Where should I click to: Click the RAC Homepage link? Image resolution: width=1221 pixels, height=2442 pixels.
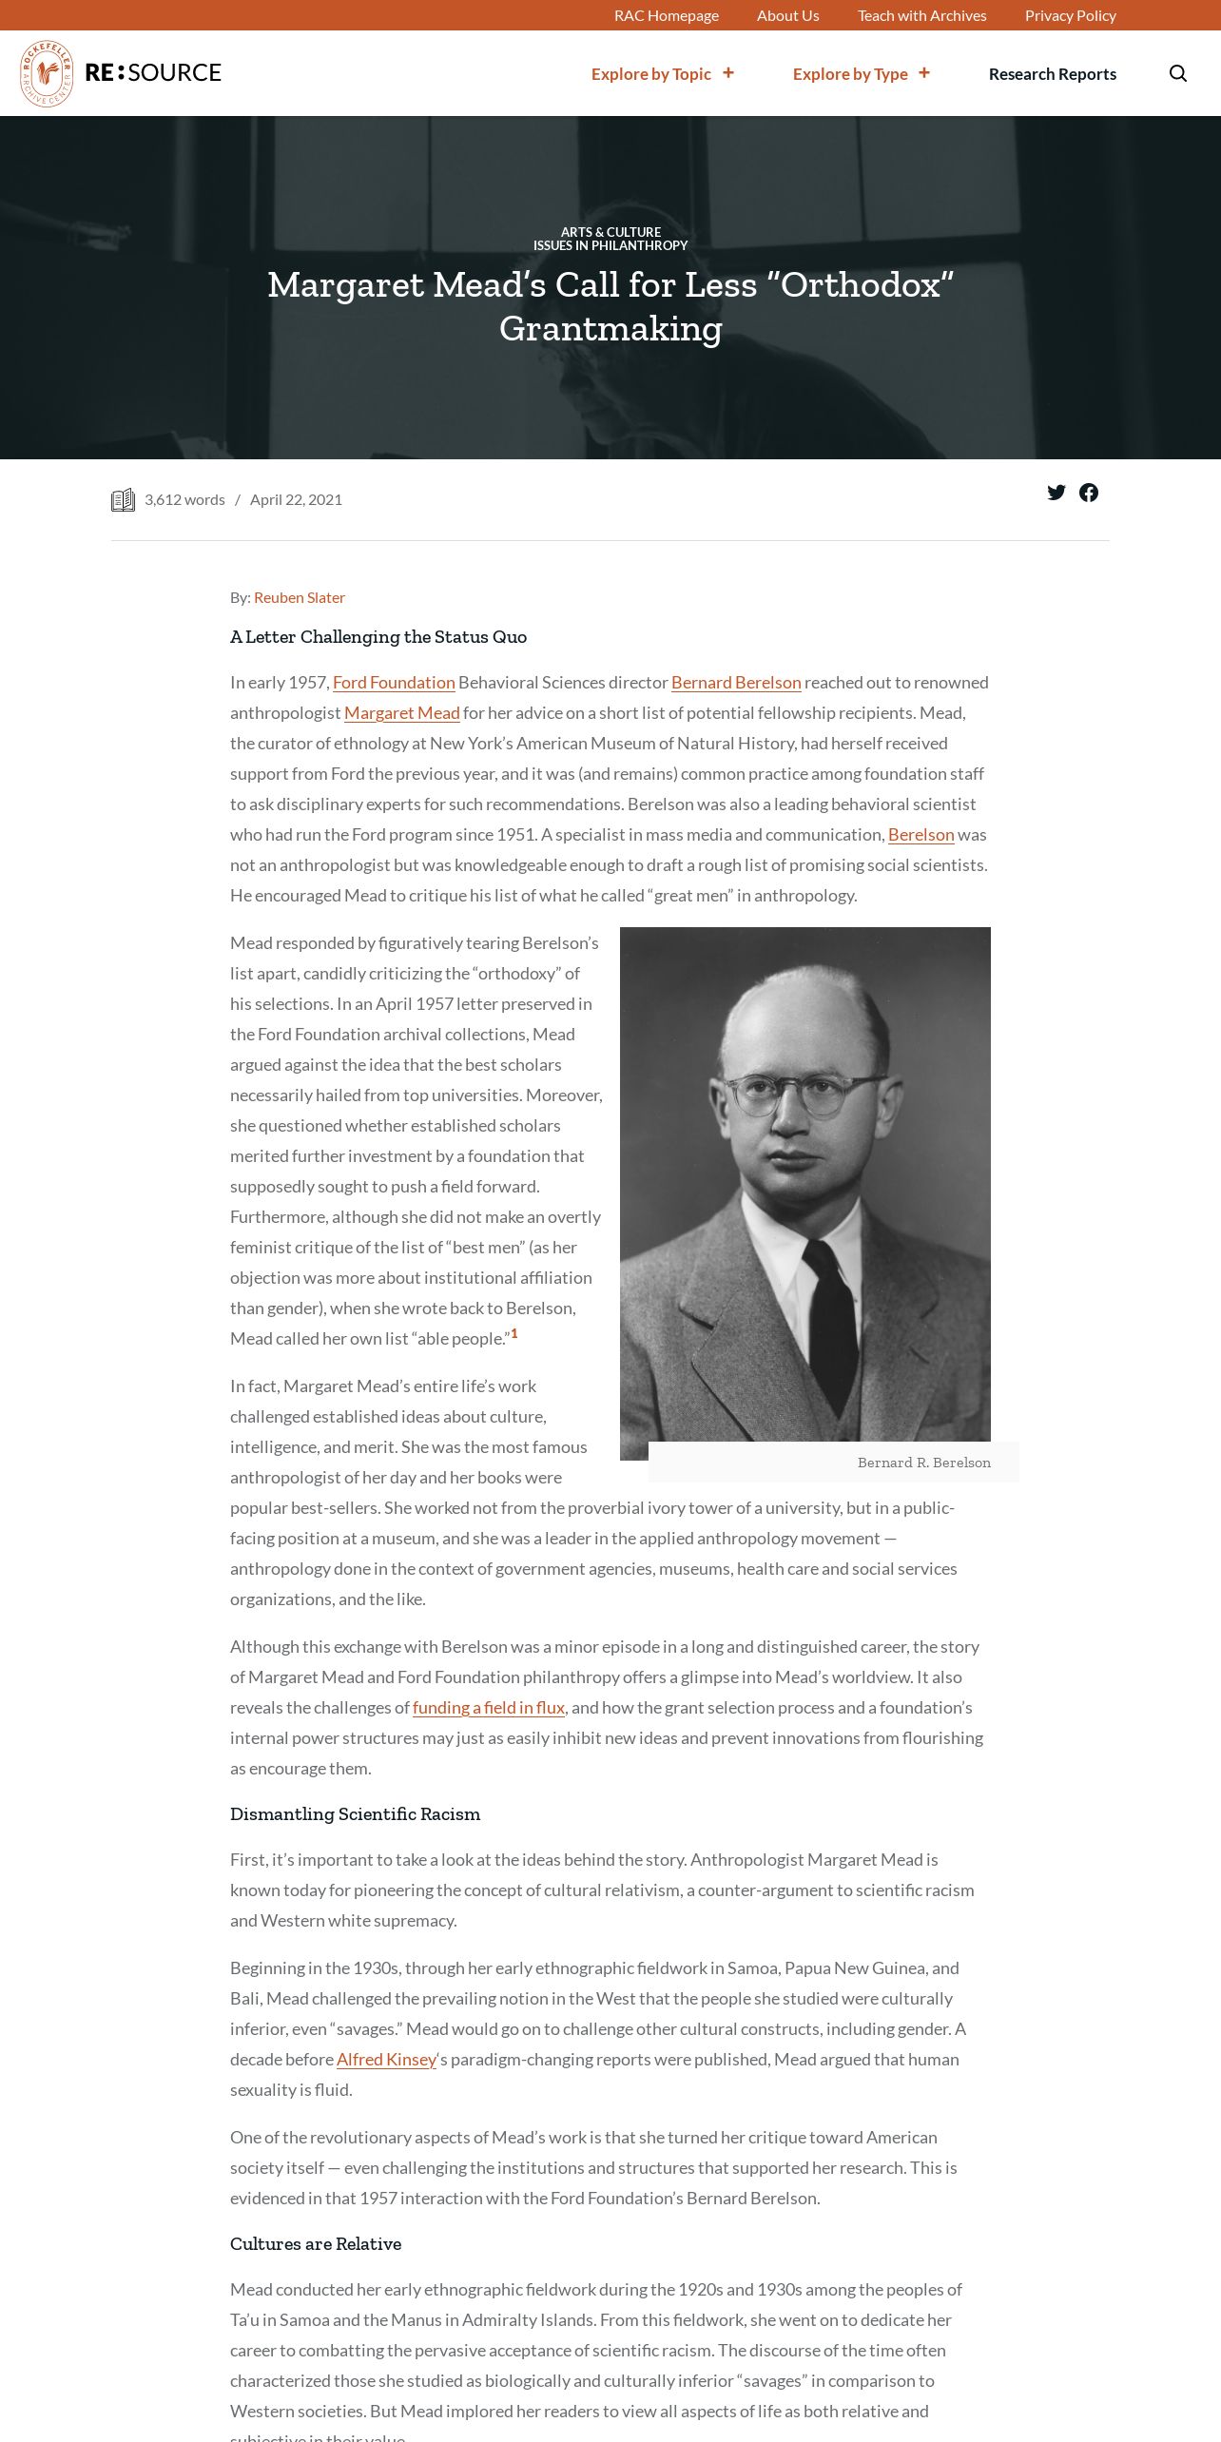[x=666, y=15]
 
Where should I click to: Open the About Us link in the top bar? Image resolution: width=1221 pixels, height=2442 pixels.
[x=787, y=15]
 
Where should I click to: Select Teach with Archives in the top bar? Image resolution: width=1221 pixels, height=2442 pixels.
[x=921, y=15]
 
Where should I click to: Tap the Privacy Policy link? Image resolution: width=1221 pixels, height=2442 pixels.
[x=1070, y=15]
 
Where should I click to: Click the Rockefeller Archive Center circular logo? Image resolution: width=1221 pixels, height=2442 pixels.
[x=47, y=73]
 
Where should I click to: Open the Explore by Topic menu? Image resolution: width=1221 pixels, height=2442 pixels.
[x=662, y=73]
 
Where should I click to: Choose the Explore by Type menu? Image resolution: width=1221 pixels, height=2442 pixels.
[x=861, y=73]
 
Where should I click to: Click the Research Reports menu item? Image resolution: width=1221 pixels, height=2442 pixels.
[x=1052, y=73]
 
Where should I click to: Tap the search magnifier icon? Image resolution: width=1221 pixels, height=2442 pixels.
[x=1177, y=73]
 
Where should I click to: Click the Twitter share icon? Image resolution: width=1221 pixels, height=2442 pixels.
[x=1056, y=493]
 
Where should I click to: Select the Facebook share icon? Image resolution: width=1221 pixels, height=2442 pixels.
[x=1089, y=493]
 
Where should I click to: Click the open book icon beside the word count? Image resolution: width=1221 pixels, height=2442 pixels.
[x=123, y=500]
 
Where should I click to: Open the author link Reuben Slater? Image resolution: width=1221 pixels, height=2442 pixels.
[x=299, y=597]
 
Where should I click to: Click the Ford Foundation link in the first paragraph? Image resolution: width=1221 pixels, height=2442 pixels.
[x=394, y=682]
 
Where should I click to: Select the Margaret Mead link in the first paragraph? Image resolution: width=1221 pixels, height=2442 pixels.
[x=401, y=712]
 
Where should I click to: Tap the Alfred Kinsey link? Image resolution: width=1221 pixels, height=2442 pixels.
[x=386, y=2059]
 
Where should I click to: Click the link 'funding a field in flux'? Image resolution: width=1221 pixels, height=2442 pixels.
[x=488, y=1707]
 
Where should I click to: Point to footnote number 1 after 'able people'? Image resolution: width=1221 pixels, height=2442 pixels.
[x=514, y=1333]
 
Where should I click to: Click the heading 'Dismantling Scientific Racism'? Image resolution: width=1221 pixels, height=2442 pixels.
[x=355, y=1813]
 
